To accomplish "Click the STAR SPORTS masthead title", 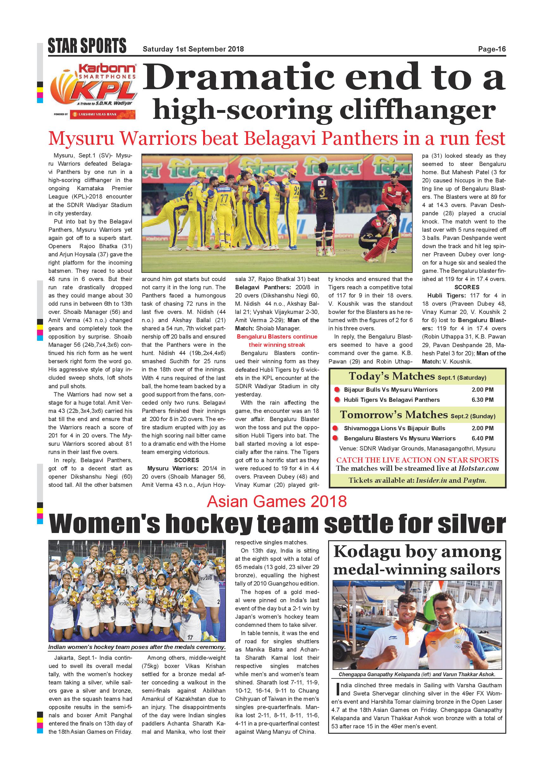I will click(x=87, y=46).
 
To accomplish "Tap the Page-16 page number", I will click(x=491, y=49).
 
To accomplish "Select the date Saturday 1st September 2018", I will click(x=193, y=49).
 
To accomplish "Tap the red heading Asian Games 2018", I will click(x=277, y=502).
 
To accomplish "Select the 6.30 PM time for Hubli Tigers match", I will click(x=483, y=400).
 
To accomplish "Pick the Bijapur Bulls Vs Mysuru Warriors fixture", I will click(x=390, y=389).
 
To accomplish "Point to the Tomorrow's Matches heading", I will click(x=394, y=415).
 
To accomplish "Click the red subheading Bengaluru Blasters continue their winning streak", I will click(x=277, y=340).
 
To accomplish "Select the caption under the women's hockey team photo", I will click(x=137, y=647).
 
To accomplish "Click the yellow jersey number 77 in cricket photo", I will click(x=224, y=199).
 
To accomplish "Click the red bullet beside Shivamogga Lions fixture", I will click(x=336, y=428).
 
